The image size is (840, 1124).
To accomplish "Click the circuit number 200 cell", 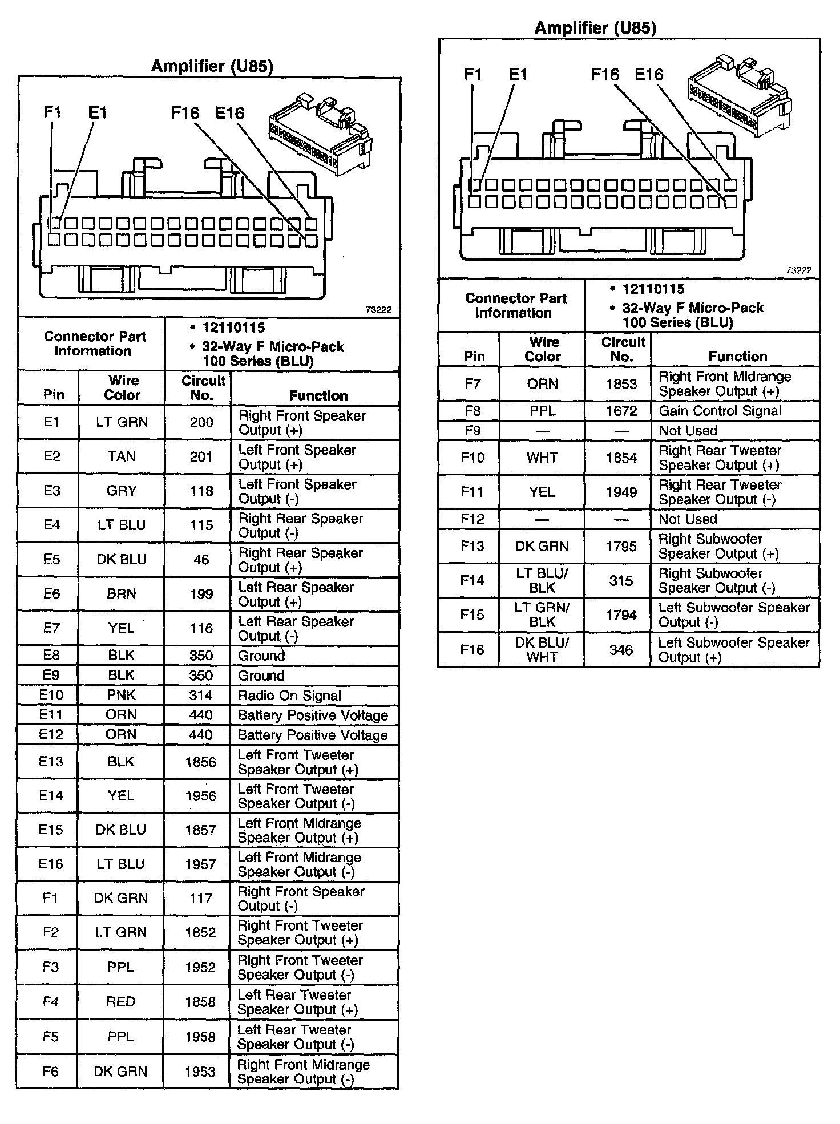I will [201, 422].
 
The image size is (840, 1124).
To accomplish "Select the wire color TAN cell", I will [122, 456].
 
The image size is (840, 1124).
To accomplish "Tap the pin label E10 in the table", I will [51, 695].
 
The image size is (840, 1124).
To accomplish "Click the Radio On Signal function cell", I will [289, 696].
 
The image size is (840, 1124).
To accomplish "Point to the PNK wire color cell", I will [121, 695].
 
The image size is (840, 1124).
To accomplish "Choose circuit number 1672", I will [621, 411].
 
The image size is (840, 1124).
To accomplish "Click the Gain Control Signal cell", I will [720, 411].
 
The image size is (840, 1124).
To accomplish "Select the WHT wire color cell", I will [542, 458].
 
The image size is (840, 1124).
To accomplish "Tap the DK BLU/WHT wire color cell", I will [542, 649].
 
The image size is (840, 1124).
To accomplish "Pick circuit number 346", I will [621, 650].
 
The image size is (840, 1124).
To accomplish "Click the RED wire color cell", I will [120, 1002].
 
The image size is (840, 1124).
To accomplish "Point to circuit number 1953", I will [200, 1072].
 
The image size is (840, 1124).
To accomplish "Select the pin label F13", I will [472, 546].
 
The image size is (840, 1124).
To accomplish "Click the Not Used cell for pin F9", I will [688, 431].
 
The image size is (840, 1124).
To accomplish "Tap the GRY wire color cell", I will [122, 491].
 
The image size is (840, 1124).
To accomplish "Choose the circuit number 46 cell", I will [201, 560].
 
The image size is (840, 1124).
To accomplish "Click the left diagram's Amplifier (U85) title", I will [212, 66].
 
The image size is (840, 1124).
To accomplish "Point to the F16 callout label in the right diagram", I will [605, 74].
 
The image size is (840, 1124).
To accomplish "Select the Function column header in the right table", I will [737, 357].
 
